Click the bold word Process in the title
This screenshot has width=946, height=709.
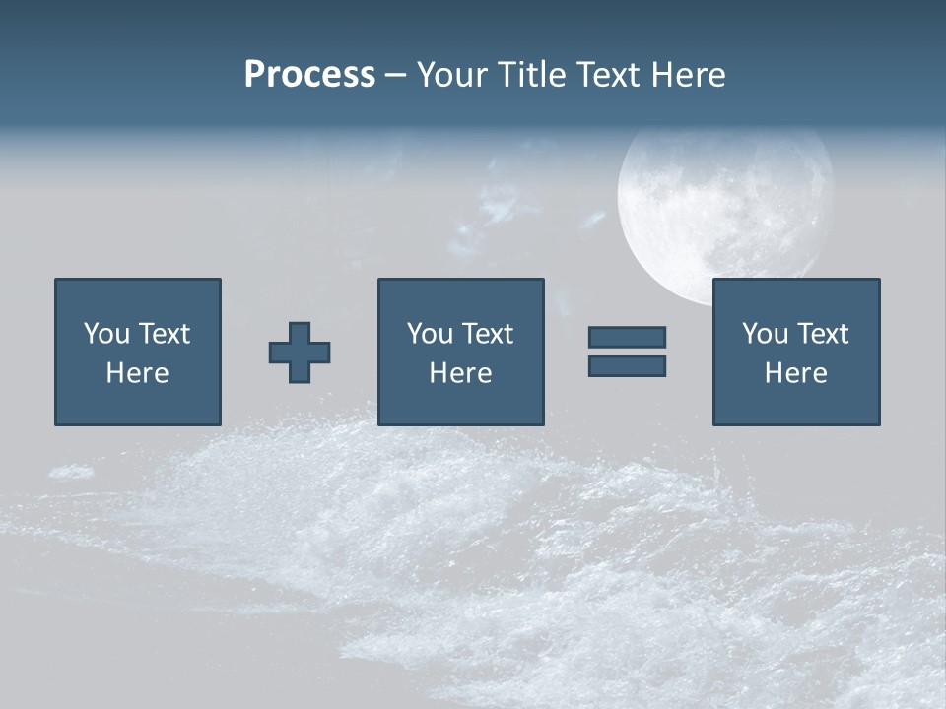tap(309, 75)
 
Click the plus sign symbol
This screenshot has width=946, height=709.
tap(300, 353)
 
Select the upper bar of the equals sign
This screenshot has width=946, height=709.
tap(627, 337)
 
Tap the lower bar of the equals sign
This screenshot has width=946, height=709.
tap(627, 365)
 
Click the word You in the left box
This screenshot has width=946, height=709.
tap(106, 334)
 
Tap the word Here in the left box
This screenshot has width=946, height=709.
tap(138, 373)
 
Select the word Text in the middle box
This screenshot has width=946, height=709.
tap(487, 334)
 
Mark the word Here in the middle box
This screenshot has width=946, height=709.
tap(461, 373)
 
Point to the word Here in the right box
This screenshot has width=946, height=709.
tap(796, 373)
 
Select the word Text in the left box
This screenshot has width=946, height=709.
tap(164, 334)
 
